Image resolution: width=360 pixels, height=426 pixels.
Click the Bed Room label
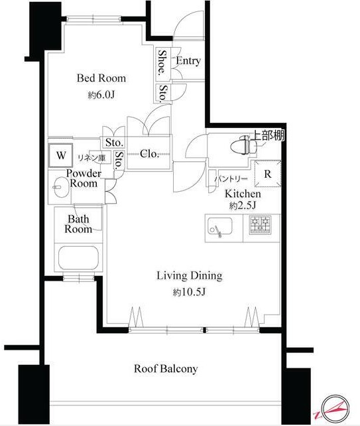pos(101,78)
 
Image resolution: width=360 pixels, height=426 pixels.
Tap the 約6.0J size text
pos(101,95)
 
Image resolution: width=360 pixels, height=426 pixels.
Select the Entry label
pos(188,61)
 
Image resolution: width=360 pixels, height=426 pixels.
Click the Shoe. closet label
pos(162,62)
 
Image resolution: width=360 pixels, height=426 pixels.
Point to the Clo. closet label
pos(149,154)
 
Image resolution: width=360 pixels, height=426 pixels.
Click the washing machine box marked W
pos(60,155)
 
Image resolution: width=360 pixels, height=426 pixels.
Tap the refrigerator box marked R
pos(268,174)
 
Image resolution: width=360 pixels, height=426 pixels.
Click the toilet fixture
pos(243,145)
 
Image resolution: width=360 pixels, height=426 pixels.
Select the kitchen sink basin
pos(219,226)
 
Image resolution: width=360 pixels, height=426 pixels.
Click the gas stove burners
pos(261,225)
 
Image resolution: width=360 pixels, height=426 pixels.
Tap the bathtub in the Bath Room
pos(78,257)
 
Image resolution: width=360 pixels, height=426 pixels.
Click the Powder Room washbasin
pos(60,188)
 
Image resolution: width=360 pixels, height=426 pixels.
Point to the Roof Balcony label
pos(166,369)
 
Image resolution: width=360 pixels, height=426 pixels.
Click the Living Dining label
pos(190,276)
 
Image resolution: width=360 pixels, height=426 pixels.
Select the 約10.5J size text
pos(190,292)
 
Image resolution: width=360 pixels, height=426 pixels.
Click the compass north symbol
pos(335,408)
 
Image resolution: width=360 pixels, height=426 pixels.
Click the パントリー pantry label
pos(231,179)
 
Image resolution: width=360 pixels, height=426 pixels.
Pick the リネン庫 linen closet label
pos(91,158)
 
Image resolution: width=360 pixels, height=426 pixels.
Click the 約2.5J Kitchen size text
pos(243,206)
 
